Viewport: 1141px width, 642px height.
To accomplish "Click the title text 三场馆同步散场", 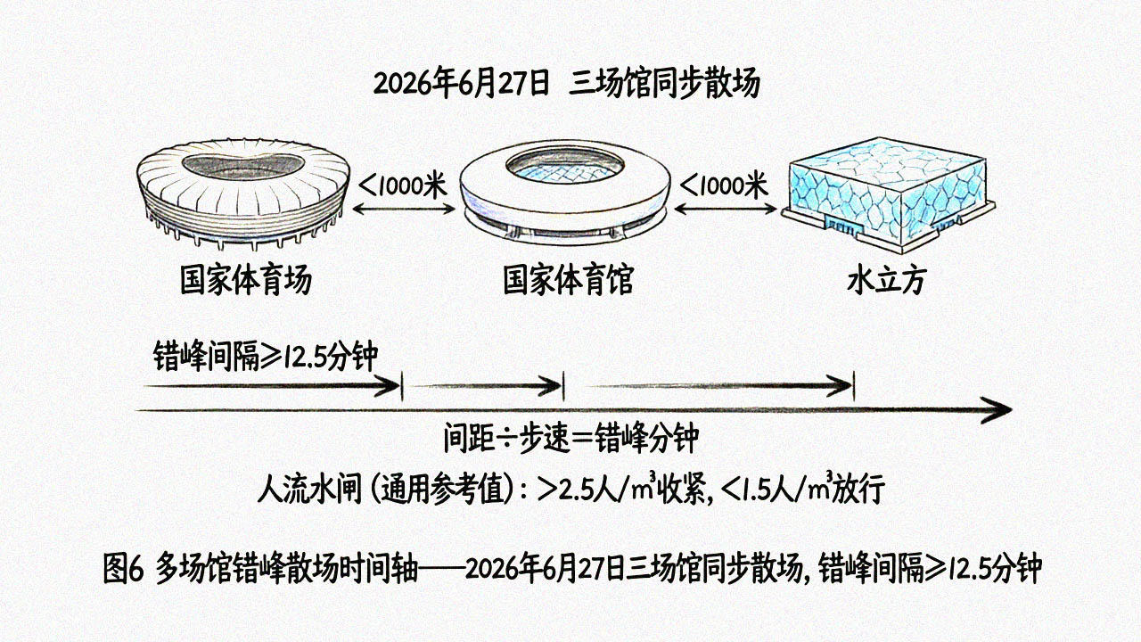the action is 664,84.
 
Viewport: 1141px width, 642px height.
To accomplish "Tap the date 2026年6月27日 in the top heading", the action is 462,84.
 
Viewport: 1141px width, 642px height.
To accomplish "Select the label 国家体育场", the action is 246,280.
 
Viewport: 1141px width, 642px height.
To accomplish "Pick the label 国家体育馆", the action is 568,280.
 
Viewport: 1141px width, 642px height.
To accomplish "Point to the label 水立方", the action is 886,280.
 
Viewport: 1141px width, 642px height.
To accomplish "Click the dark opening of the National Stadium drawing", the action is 243,166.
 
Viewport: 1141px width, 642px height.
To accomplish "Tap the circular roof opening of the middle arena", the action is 564,166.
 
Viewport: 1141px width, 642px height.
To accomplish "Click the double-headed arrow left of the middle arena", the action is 404,209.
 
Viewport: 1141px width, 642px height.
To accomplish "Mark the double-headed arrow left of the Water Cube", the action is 726,209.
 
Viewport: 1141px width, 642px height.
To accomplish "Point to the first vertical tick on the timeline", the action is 402,386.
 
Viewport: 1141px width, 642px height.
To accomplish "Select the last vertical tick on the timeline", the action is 854,386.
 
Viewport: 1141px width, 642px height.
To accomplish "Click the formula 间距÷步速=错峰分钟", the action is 571,437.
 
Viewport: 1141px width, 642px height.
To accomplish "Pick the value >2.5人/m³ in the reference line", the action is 596,490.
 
